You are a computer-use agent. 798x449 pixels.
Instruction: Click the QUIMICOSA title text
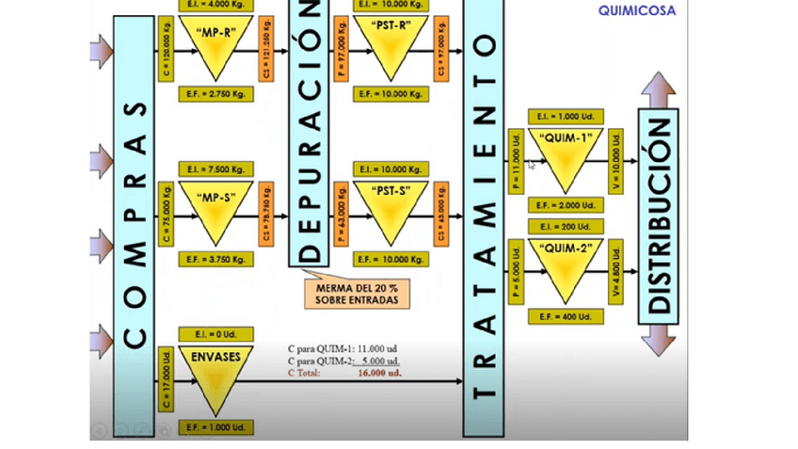(x=637, y=11)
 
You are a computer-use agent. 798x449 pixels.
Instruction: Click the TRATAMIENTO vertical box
(x=483, y=226)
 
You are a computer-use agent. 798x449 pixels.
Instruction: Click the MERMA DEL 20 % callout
(x=350, y=292)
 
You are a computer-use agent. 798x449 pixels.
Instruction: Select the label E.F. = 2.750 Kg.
(x=215, y=94)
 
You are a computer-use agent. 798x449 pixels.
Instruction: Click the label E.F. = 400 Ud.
(x=567, y=316)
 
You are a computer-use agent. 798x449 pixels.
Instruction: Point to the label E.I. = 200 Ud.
(x=567, y=227)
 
